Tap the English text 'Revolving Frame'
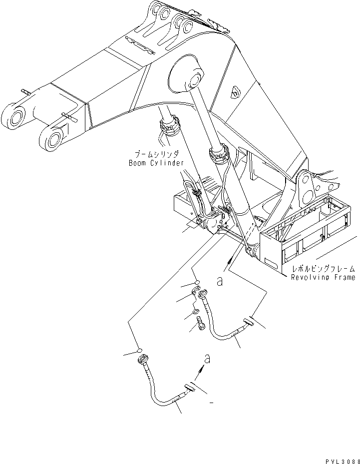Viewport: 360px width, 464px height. [x=323, y=277]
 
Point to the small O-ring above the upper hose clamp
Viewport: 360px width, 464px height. [x=197, y=283]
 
